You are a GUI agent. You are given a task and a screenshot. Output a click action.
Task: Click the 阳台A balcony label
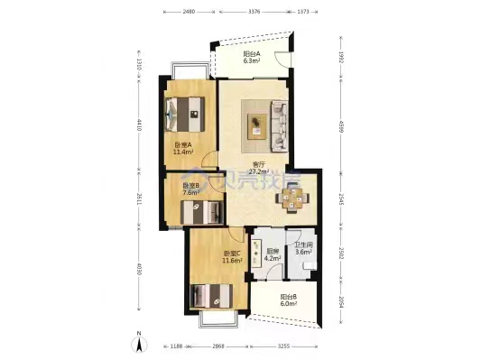click(252, 54)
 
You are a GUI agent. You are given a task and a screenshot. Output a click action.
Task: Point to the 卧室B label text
click(190, 189)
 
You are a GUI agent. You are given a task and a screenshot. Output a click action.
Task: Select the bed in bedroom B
click(201, 212)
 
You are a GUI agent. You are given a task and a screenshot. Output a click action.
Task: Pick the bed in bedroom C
click(213, 296)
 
